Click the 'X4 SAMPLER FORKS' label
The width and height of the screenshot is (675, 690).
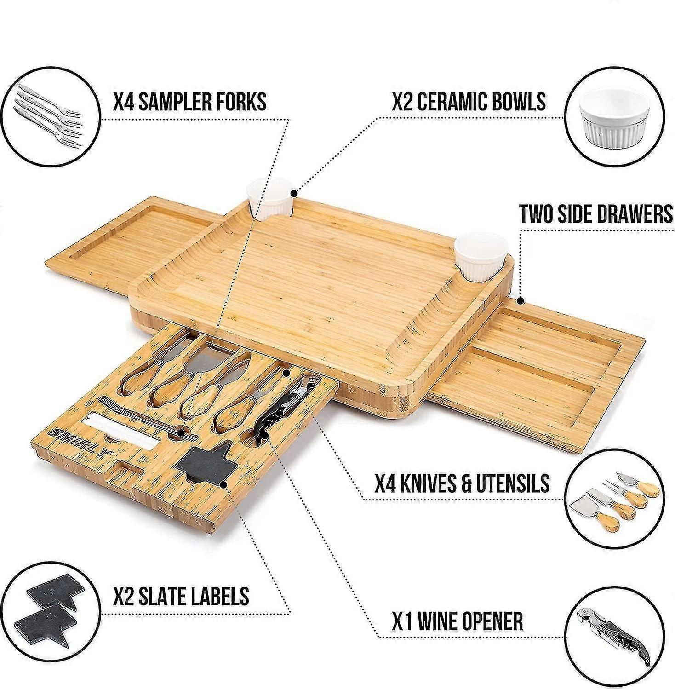pos(190,101)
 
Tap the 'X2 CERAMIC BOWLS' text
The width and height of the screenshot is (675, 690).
pos(469,101)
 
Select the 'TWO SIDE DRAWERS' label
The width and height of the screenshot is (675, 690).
pos(596,214)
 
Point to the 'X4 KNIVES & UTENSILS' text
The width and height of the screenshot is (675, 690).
pos(462,483)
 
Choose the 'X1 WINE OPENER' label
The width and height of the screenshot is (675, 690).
pos(458,621)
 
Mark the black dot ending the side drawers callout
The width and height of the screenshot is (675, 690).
pos(521,301)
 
